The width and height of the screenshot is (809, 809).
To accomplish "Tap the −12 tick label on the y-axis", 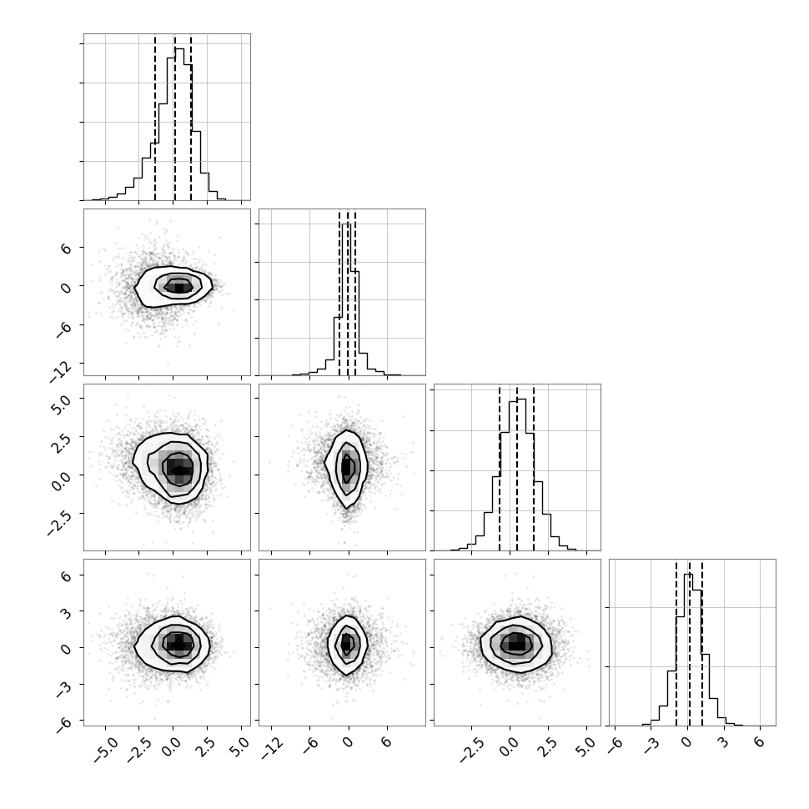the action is (62, 371).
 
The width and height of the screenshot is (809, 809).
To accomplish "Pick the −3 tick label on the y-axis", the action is (64, 689).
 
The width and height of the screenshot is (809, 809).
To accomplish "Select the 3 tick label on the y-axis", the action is (66, 611).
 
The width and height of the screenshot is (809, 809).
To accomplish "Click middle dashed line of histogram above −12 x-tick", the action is (348, 293).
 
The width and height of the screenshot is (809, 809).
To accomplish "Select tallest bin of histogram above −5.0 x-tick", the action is (179, 124).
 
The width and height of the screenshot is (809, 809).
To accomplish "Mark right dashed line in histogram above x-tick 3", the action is (702, 642).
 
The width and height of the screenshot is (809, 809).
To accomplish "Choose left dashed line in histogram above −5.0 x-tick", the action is (155, 117).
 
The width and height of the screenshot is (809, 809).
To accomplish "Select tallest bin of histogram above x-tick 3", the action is (688, 650).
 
